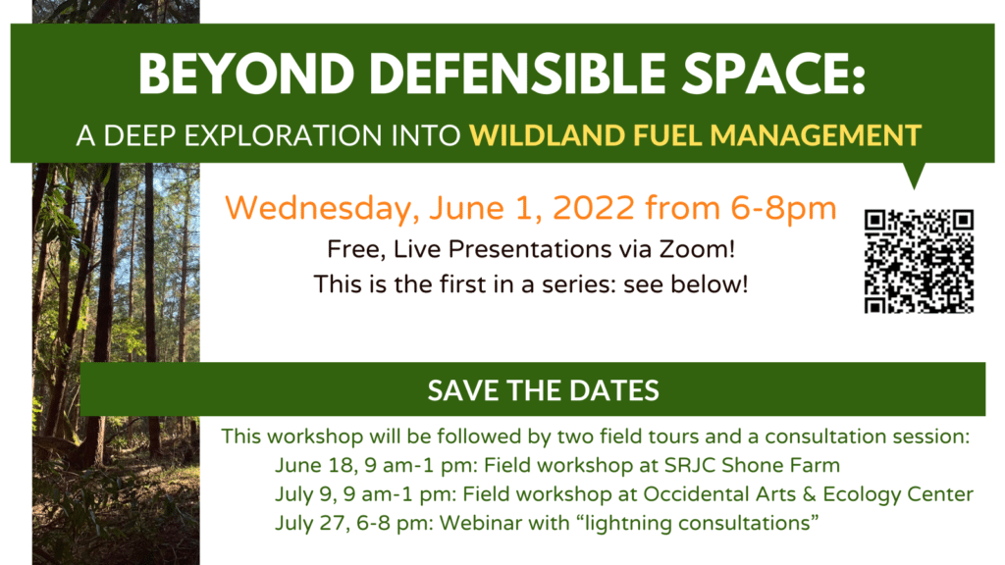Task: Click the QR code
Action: (x=919, y=261)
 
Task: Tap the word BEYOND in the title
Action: (x=246, y=74)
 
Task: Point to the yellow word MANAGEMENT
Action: (x=816, y=135)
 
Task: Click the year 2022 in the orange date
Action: (x=594, y=208)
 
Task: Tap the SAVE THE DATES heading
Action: (x=543, y=390)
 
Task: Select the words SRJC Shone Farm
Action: (x=752, y=465)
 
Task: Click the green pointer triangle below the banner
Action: (x=914, y=174)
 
